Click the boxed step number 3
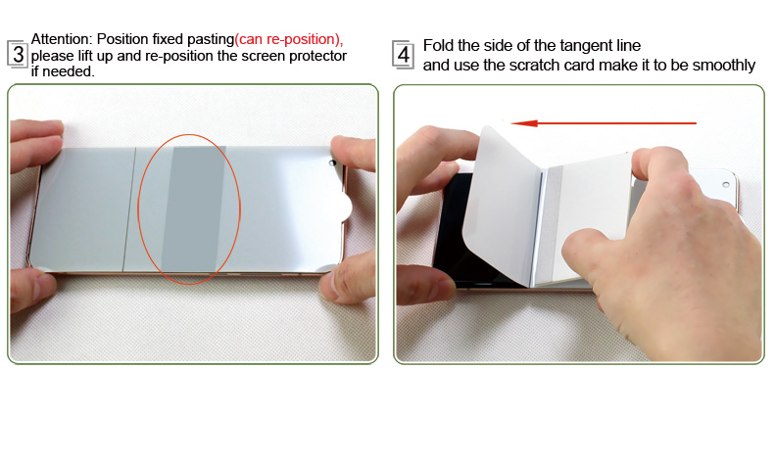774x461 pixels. [18, 54]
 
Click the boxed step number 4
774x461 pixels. [403, 55]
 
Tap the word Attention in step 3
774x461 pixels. [62, 39]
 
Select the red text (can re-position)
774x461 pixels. [288, 39]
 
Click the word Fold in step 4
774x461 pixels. [438, 45]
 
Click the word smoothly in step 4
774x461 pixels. [724, 66]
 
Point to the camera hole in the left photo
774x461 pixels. [333, 162]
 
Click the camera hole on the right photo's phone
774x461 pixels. [726, 184]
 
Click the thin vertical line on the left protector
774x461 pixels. [129, 209]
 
